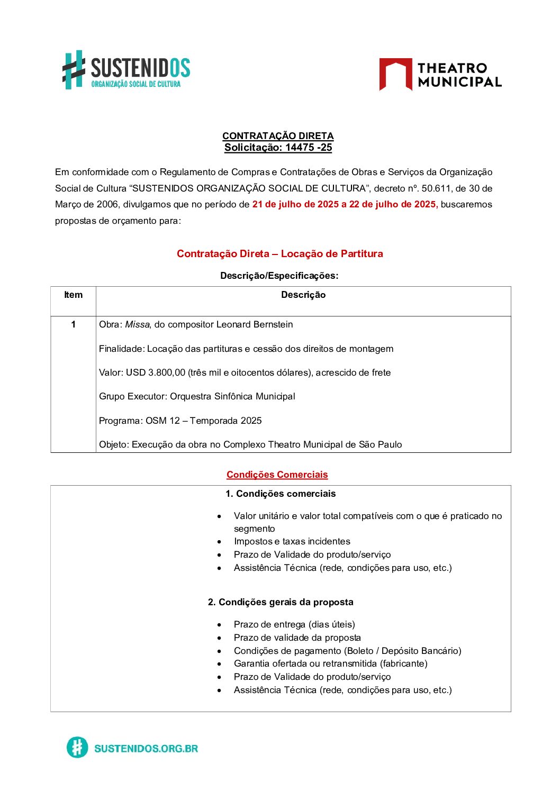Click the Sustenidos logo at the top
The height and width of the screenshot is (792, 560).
point(127,70)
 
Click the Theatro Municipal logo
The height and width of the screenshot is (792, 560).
point(440,75)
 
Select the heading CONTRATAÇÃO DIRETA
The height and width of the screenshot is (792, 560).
point(278,136)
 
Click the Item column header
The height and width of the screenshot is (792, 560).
point(73,295)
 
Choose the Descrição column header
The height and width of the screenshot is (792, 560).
point(303,295)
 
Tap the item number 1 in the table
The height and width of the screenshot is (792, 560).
point(73,324)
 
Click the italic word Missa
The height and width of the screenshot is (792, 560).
point(137,324)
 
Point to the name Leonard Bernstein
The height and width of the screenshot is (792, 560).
point(255,324)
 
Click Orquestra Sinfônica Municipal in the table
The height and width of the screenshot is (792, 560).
point(232,396)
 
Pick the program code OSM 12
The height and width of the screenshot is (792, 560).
point(163,421)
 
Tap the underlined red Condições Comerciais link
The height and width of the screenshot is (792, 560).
point(277,475)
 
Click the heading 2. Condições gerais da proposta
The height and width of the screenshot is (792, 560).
point(281,602)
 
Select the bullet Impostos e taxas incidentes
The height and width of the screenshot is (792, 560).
point(292,541)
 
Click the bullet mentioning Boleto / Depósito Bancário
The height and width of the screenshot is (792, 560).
point(348,651)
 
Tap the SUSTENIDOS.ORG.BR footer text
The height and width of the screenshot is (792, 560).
point(146,748)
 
